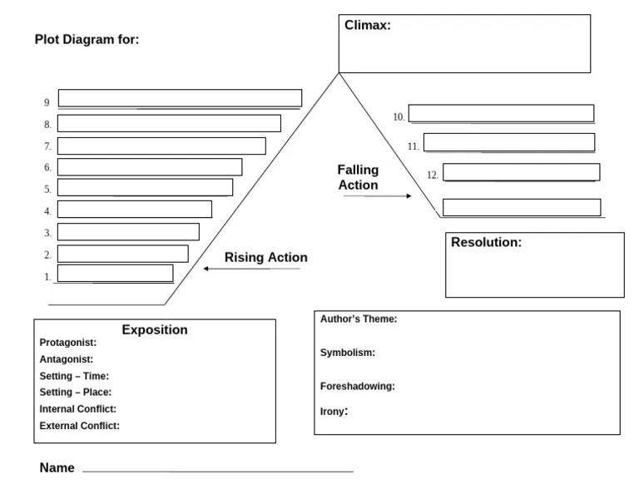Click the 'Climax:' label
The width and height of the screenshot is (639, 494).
[x=368, y=25]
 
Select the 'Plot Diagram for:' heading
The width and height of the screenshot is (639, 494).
[x=87, y=40]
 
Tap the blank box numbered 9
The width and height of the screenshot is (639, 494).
[x=180, y=98]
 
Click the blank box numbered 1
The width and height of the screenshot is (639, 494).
[x=116, y=274]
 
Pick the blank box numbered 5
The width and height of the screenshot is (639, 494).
[x=145, y=187]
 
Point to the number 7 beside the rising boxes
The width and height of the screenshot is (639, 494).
[x=47, y=146]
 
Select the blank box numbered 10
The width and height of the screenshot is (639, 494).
[x=501, y=113]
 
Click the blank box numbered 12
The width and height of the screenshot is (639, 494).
[x=521, y=172]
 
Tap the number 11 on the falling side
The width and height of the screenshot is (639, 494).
[x=414, y=146]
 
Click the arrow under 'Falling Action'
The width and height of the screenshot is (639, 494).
[x=378, y=196]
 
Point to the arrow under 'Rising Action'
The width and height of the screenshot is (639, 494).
[x=252, y=269]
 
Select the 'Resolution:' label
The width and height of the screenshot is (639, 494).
[x=486, y=242]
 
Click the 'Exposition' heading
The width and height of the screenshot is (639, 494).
[x=155, y=329]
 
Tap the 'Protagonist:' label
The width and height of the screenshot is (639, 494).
[x=68, y=343]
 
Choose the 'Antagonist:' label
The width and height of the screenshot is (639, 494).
[x=67, y=359]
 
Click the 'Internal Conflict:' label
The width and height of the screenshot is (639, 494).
[x=78, y=409]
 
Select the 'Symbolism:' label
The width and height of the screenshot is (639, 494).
[x=348, y=353]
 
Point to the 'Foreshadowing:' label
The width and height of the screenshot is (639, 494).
[x=358, y=386]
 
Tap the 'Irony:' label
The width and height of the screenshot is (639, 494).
[x=334, y=412]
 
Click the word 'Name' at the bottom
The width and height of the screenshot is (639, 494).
[x=57, y=467]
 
